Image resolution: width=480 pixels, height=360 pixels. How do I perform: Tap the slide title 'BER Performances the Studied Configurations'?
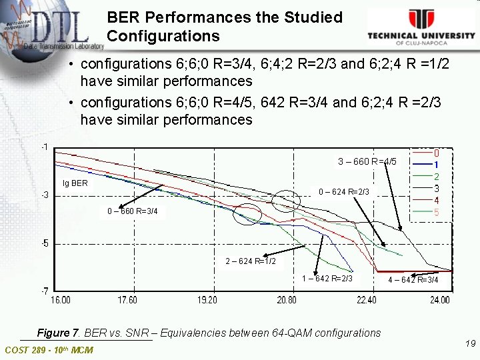coord(224,26)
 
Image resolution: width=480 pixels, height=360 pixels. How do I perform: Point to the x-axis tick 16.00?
coord(61,300)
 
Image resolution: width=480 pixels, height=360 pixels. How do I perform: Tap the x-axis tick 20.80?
coord(288,300)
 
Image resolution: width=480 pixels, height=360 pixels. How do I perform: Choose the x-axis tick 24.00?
coord(439,300)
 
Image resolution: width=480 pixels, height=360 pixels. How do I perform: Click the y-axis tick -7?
coord(43,291)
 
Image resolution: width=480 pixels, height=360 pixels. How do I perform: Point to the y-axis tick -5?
coord(43,243)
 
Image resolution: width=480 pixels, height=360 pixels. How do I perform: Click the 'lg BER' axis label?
coord(75,182)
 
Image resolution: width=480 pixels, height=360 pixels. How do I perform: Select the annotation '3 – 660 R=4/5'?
coord(367,161)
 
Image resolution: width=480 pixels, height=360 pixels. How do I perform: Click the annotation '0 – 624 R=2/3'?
coord(343,192)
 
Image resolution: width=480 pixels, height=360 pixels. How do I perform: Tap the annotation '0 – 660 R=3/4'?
coord(132,212)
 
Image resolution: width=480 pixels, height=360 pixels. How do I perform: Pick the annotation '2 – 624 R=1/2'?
coord(251,261)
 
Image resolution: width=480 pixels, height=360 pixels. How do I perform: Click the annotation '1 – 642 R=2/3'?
coord(327,278)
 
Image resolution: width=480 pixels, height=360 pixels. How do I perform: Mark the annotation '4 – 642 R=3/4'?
coord(413,279)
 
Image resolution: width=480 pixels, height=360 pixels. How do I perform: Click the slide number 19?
coord(470,343)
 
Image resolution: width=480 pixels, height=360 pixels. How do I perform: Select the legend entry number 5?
coord(436,213)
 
